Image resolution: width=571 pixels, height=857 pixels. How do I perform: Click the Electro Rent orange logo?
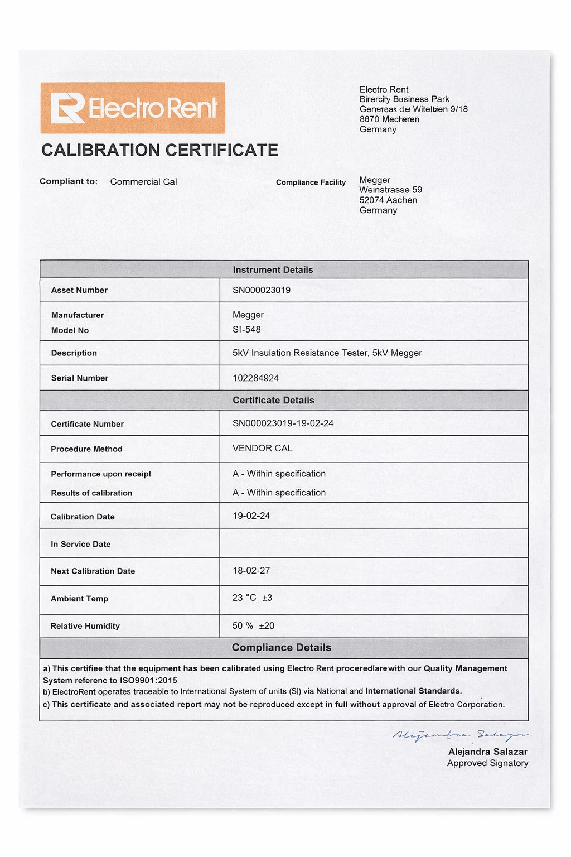click(x=133, y=108)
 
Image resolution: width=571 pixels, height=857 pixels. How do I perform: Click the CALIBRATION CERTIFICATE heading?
click(x=159, y=150)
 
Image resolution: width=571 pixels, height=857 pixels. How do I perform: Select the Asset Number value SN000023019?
click(x=262, y=290)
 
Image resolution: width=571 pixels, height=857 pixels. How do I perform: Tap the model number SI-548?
click(x=246, y=329)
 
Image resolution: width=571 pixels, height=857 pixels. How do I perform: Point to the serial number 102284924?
click(x=255, y=378)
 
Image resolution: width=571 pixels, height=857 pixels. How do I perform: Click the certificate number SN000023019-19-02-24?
click(x=283, y=423)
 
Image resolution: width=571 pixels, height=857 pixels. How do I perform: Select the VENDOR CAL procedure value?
click(x=262, y=448)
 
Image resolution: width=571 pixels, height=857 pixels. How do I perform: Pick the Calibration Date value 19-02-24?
click(x=251, y=516)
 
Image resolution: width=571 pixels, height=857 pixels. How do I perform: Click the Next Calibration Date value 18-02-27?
click(x=251, y=570)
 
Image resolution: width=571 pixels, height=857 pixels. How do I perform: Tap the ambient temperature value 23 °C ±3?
click(x=252, y=598)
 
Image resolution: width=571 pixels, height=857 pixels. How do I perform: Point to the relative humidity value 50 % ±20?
click(x=253, y=625)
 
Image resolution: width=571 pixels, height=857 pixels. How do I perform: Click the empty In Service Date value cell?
click(x=374, y=543)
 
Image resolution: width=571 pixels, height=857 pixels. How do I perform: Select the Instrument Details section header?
click(x=273, y=269)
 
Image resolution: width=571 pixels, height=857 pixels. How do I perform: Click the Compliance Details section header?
click(x=281, y=647)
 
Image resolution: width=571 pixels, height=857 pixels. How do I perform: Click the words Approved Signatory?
click(x=487, y=763)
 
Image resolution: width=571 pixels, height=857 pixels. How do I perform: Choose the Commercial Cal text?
click(x=143, y=182)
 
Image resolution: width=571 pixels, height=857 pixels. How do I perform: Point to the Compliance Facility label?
click(x=311, y=182)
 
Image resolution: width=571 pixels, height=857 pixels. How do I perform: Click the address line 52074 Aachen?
click(x=388, y=200)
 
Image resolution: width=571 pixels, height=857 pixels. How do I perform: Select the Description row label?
click(x=74, y=353)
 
